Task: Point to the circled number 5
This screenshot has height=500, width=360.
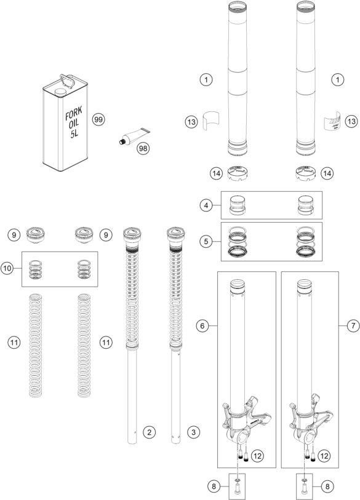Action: pyautogui.click(x=209, y=239)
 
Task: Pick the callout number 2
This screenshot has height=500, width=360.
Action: pyautogui.click(x=148, y=432)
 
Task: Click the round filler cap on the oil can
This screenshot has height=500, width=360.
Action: pyautogui.click(x=60, y=92)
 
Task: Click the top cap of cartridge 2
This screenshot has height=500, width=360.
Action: pyautogui.click(x=132, y=233)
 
